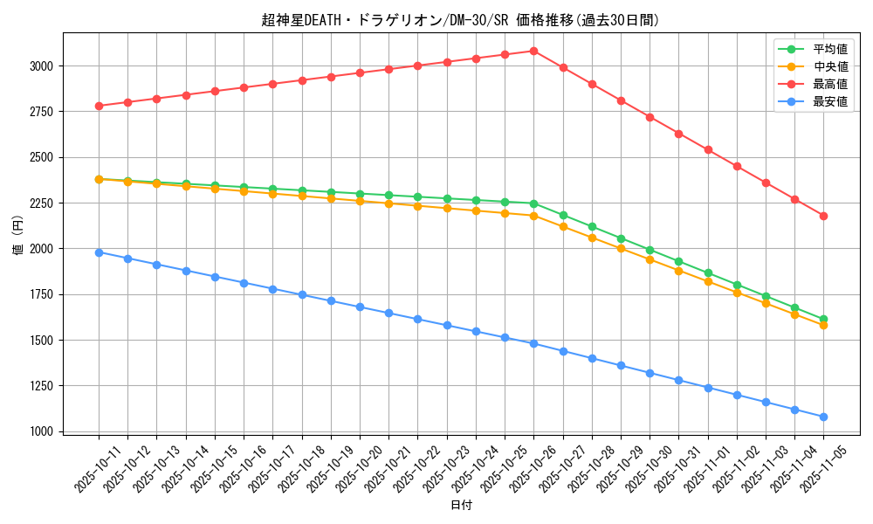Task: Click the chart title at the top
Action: (x=461, y=20)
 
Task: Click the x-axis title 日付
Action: (x=461, y=506)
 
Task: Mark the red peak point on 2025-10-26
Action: (x=533, y=51)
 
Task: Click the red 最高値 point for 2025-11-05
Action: (x=823, y=216)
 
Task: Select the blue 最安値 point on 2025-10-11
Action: (x=99, y=252)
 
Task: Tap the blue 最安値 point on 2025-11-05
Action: (x=823, y=417)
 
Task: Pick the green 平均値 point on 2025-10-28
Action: (x=592, y=226)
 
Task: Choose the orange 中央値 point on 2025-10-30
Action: (x=650, y=259)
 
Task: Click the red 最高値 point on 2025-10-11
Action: (x=99, y=106)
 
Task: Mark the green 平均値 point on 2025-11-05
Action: (x=823, y=319)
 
